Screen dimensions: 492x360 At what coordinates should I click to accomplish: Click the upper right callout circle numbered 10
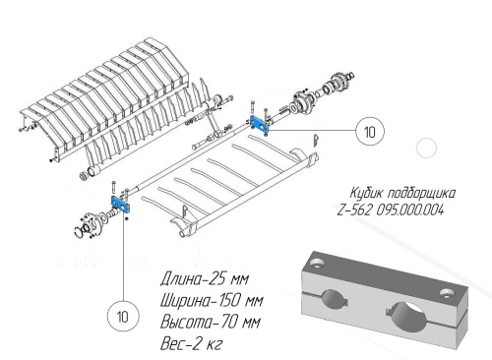(x=370, y=131)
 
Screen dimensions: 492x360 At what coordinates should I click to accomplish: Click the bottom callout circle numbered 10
(x=123, y=317)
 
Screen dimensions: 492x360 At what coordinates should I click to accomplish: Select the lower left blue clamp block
(x=121, y=205)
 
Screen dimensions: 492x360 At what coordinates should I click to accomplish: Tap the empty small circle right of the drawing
(x=426, y=148)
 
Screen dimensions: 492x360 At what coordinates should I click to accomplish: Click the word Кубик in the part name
(x=366, y=193)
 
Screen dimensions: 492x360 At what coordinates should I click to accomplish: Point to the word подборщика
(x=421, y=194)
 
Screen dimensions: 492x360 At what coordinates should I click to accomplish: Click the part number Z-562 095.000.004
(x=391, y=210)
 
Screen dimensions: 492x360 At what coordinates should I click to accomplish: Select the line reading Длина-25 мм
(x=205, y=279)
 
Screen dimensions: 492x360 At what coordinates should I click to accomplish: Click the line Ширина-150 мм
(x=212, y=300)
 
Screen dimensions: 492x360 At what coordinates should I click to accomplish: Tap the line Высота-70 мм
(x=211, y=322)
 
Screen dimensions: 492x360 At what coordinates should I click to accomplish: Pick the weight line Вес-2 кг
(x=191, y=343)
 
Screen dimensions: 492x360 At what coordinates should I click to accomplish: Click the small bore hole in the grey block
(x=335, y=298)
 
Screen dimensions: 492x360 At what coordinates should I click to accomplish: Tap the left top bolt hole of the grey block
(x=317, y=262)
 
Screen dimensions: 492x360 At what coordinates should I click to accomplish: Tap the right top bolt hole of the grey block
(x=447, y=293)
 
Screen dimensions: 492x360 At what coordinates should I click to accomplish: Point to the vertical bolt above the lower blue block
(x=113, y=189)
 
